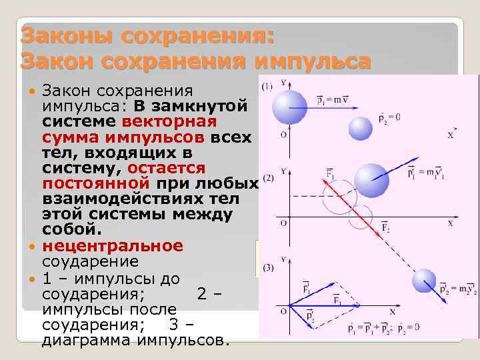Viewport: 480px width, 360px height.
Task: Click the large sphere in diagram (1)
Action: click(x=291, y=107)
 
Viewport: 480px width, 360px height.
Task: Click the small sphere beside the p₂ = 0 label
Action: click(x=361, y=127)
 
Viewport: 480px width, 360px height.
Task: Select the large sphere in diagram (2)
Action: click(x=371, y=179)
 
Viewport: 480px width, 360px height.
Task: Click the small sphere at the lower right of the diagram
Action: click(x=424, y=281)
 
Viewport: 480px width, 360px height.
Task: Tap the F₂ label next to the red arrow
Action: click(x=385, y=229)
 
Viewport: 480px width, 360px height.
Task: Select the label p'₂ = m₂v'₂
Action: click(x=458, y=289)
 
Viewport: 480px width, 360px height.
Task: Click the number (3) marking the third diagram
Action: click(x=268, y=268)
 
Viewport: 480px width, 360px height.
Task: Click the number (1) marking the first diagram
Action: click(x=267, y=87)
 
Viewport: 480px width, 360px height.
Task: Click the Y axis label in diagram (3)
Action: click(x=283, y=259)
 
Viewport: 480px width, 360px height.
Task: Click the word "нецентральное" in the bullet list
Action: click(x=112, y=245)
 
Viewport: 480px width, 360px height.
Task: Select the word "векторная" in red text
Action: click(x=169, y=122)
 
